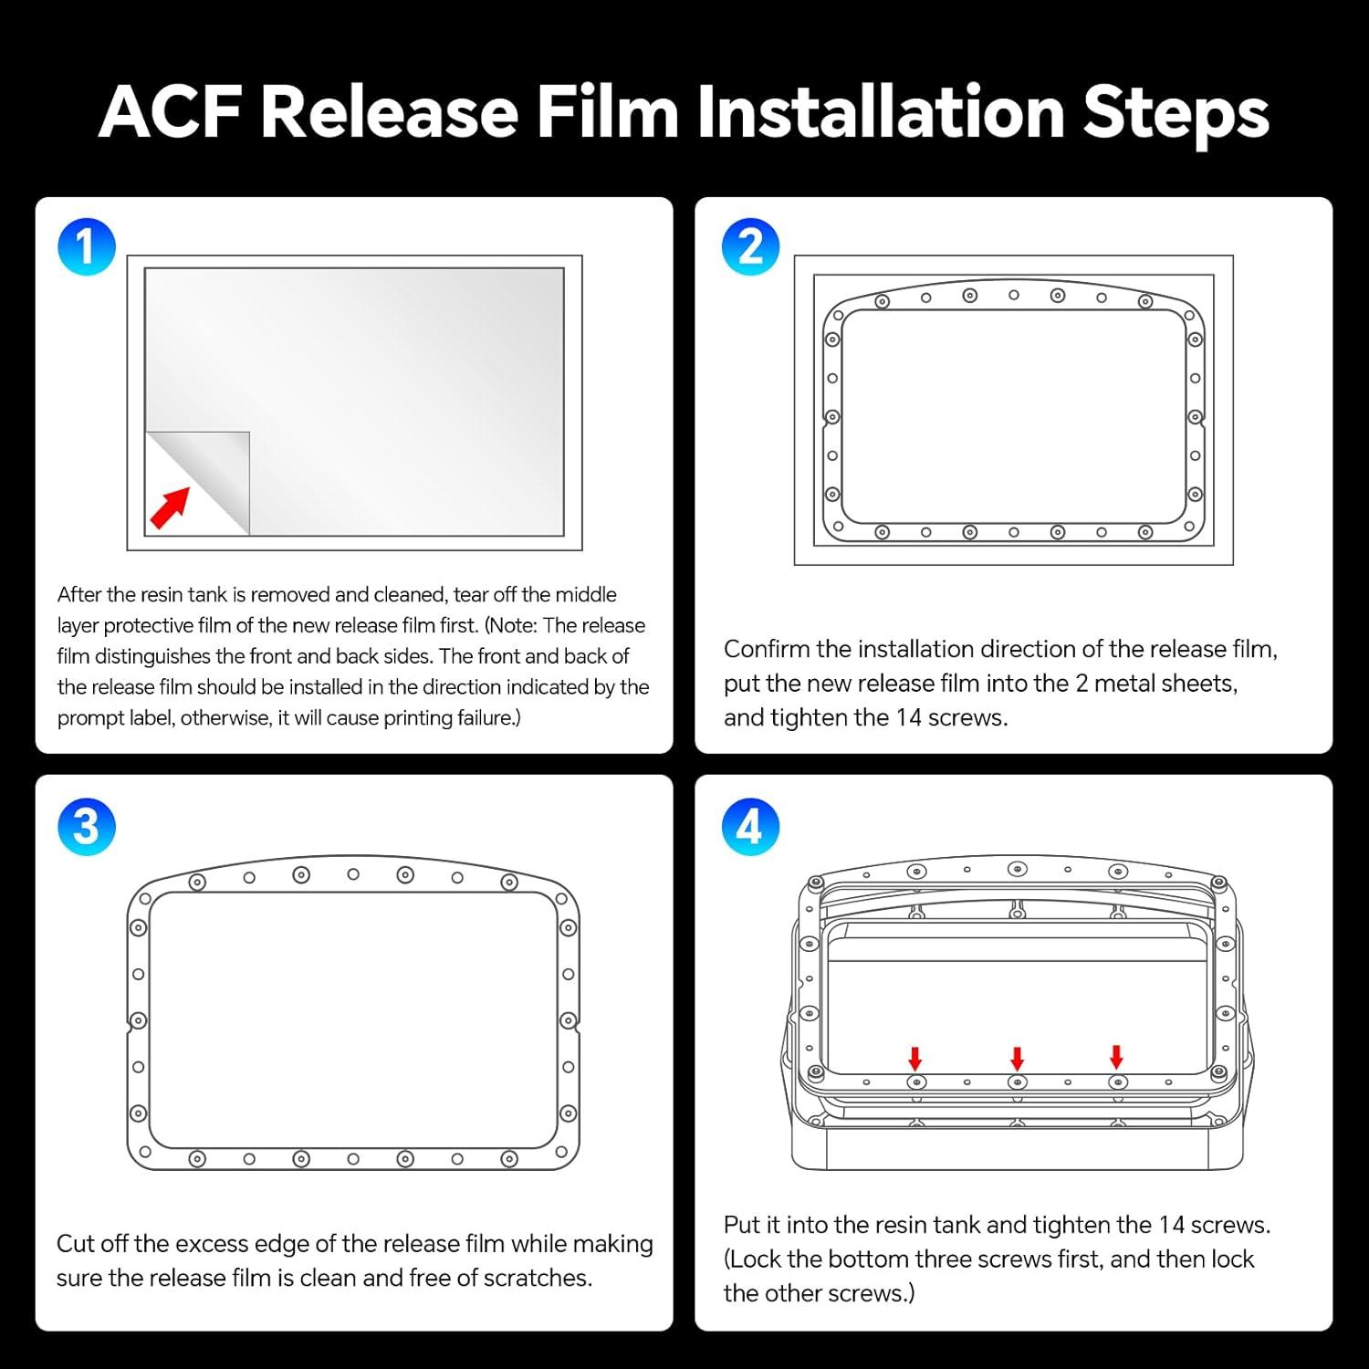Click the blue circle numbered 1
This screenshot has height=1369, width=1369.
[87, 246]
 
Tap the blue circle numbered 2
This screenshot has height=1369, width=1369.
[750, 246]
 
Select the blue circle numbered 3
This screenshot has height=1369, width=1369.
[87, 826]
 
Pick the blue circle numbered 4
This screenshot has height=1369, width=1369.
[750, 826]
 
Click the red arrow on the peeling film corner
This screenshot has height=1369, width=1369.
[170, 507]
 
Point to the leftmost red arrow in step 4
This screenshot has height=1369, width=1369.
[915, 1059]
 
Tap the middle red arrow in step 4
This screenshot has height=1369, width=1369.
[1017, 1059]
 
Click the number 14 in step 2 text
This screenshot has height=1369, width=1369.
[908, 717]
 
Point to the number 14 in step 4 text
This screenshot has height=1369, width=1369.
[1172, 1225]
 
